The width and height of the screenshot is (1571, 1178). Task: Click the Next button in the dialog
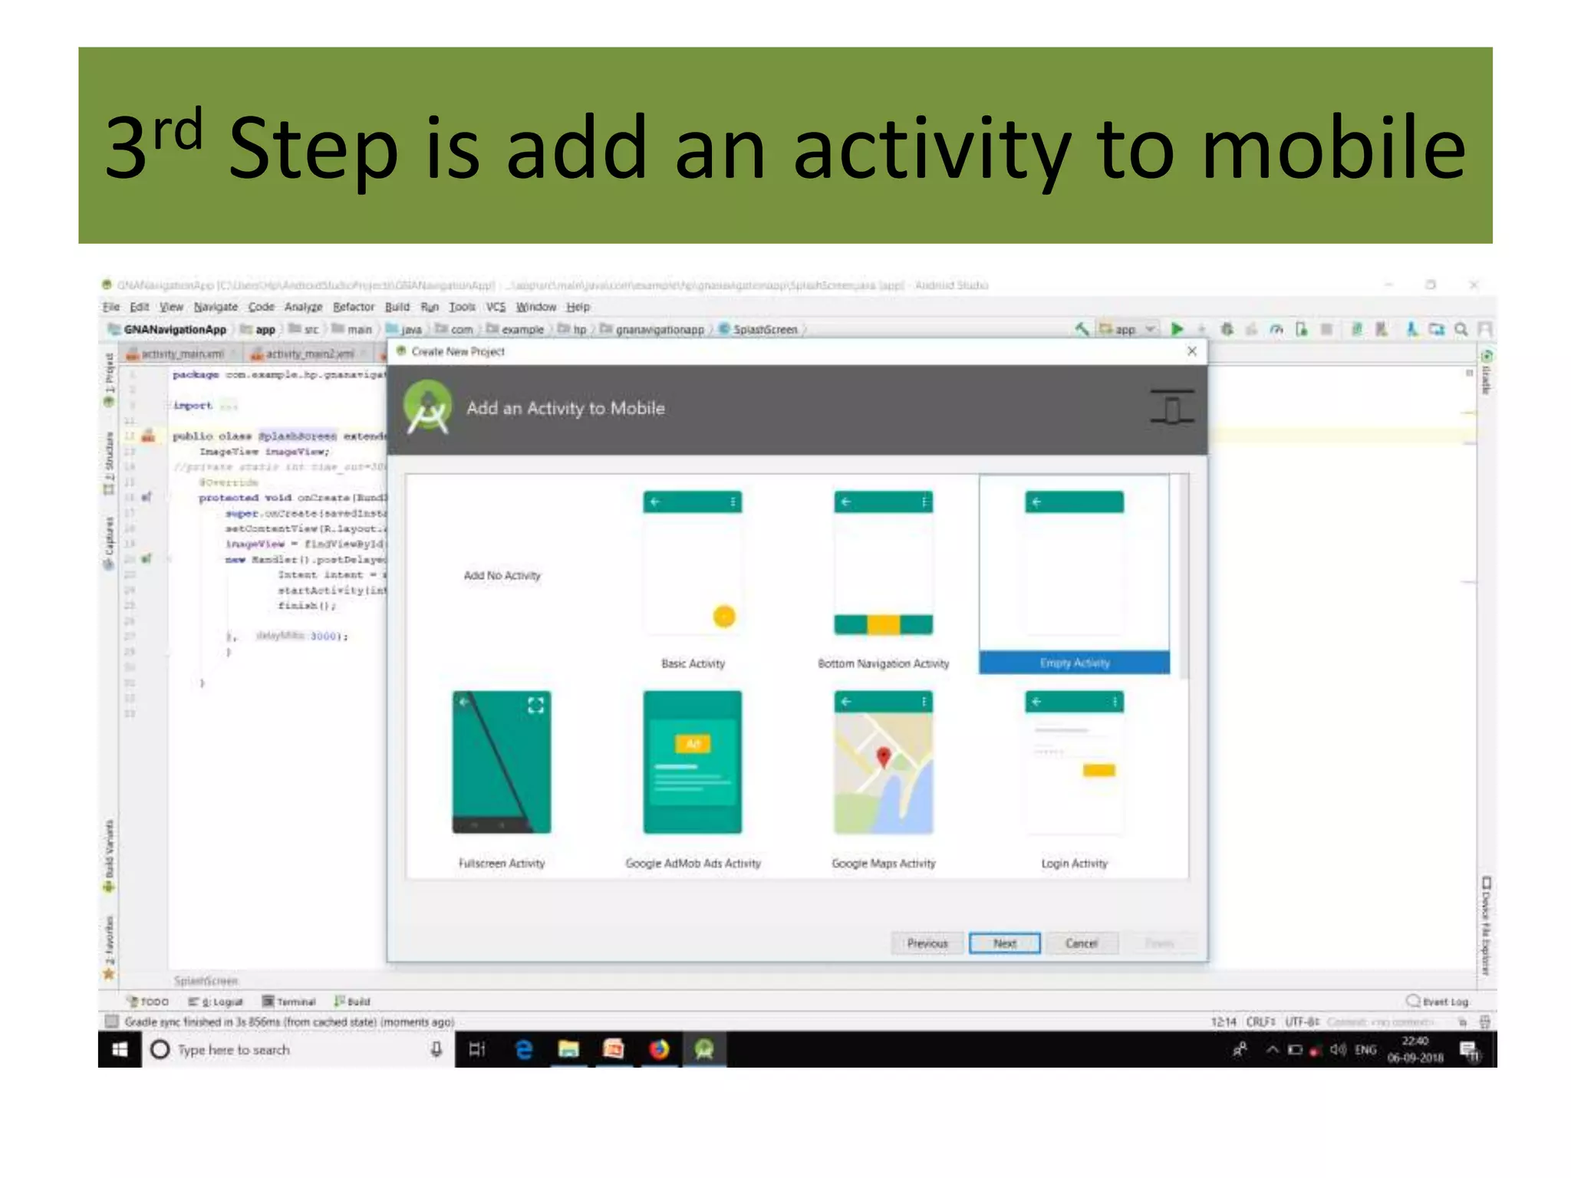(x=1004, y=943)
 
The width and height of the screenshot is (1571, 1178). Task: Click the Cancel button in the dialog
(x=1081, y=943)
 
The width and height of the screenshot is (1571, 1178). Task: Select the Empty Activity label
(x=1074, y=663)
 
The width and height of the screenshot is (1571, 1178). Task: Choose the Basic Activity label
(x=693, y=663)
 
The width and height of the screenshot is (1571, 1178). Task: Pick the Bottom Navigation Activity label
(x=883, y=663)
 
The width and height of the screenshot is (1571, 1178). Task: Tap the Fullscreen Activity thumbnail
(x=502, y=762)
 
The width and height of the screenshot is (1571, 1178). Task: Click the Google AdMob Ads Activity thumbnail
(x=693, y=762)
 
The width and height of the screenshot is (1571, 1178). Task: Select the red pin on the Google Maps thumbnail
(x=884, y=757)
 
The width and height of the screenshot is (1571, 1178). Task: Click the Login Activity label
(x=1074, y=864)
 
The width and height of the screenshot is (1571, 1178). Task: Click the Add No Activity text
(x=502, y=575)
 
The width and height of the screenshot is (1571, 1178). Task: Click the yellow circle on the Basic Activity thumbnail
(x=724, y=616)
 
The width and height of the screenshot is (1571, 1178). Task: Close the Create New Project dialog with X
(x=1192, y=351)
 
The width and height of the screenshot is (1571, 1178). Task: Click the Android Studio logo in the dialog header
(x=428, y=408)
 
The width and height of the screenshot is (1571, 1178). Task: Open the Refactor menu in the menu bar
(x=354, y=307)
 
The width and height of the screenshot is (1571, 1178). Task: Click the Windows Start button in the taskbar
(x=120, y=1049)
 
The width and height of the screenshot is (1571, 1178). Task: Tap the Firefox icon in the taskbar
(x=659, y=1049)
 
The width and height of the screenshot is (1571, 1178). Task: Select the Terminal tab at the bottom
(x=290, y=1002)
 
